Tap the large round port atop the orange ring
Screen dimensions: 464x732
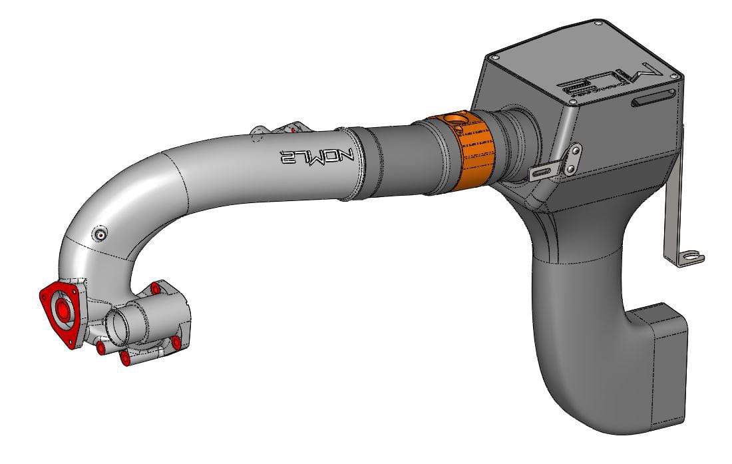click(458, 120)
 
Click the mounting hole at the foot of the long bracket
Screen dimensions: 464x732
click(693, 256)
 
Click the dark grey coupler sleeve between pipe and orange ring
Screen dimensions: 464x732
click(393, 160)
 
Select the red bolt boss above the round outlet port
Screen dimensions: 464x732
click(155, 288)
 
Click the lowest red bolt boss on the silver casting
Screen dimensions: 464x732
click(124, 359)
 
